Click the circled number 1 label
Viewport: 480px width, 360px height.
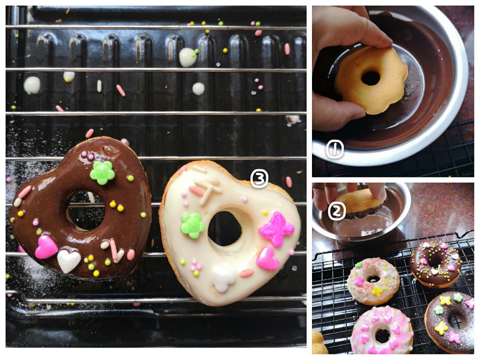[x=335, y=149]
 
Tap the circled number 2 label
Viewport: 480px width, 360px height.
[x=337, y=211]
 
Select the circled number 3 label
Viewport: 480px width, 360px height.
[x=259, y=178]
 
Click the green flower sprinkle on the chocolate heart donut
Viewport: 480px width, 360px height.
[x=102, y=172]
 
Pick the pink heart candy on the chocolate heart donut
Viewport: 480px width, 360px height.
[x=46, y=247]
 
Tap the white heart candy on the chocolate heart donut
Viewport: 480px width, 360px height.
[x=69, y=261]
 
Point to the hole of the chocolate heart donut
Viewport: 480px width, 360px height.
[x=86, y=210]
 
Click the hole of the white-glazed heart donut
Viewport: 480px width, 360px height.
[x=225, y=228]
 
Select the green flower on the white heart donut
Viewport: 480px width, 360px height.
[x=192, y=226]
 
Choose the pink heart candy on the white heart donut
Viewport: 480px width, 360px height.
[x=268, y=259]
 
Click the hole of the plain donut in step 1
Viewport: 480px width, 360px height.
[x=370, y=78]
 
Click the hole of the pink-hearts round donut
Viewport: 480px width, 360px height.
[x=382, y=336]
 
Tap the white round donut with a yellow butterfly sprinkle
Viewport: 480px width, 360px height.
[x=373, y=281]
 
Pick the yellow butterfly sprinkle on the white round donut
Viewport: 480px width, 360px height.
[x=377, y=292]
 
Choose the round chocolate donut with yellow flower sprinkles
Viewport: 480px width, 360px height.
[x=449, y=322]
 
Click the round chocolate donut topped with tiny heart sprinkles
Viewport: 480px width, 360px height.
[x=436, y=264]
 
